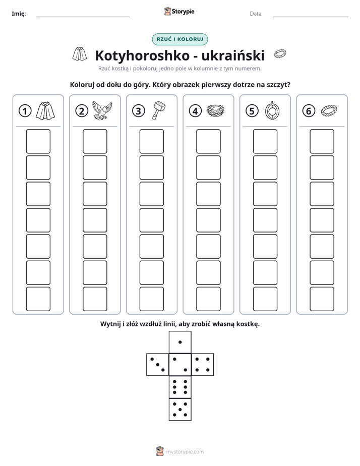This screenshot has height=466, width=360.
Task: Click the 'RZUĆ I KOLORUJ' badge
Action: tap(179, 39)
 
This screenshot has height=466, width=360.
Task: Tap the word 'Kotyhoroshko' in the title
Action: tap(142, 55)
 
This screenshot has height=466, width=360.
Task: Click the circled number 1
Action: tap(25, 111)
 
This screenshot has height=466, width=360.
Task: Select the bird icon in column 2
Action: tap(102, 110)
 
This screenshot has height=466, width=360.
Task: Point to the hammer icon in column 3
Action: tap(159, 110)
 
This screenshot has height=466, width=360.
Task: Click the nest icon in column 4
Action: tap(215, 111)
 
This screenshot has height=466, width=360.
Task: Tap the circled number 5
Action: tap(252, 111)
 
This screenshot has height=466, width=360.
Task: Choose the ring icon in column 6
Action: tap(329, 110)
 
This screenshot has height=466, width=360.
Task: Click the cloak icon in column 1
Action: tap(45, 110)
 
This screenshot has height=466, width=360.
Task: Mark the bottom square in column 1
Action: tap(38, 299)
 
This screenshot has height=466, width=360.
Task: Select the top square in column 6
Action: tap(322, 141)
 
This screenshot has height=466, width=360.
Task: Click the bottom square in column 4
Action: tap(209, 299)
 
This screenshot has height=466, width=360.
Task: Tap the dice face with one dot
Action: tap(180, 342)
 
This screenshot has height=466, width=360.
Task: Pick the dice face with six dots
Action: tap(180, 387)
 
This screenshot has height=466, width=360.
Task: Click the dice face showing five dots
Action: tap(180, 410)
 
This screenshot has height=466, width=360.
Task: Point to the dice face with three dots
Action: tap(157, 365)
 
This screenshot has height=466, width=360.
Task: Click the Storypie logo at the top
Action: tap(179, 12)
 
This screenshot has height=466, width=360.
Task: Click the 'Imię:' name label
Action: tap(19, 14)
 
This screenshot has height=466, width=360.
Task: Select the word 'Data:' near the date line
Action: tap(256, 14)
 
